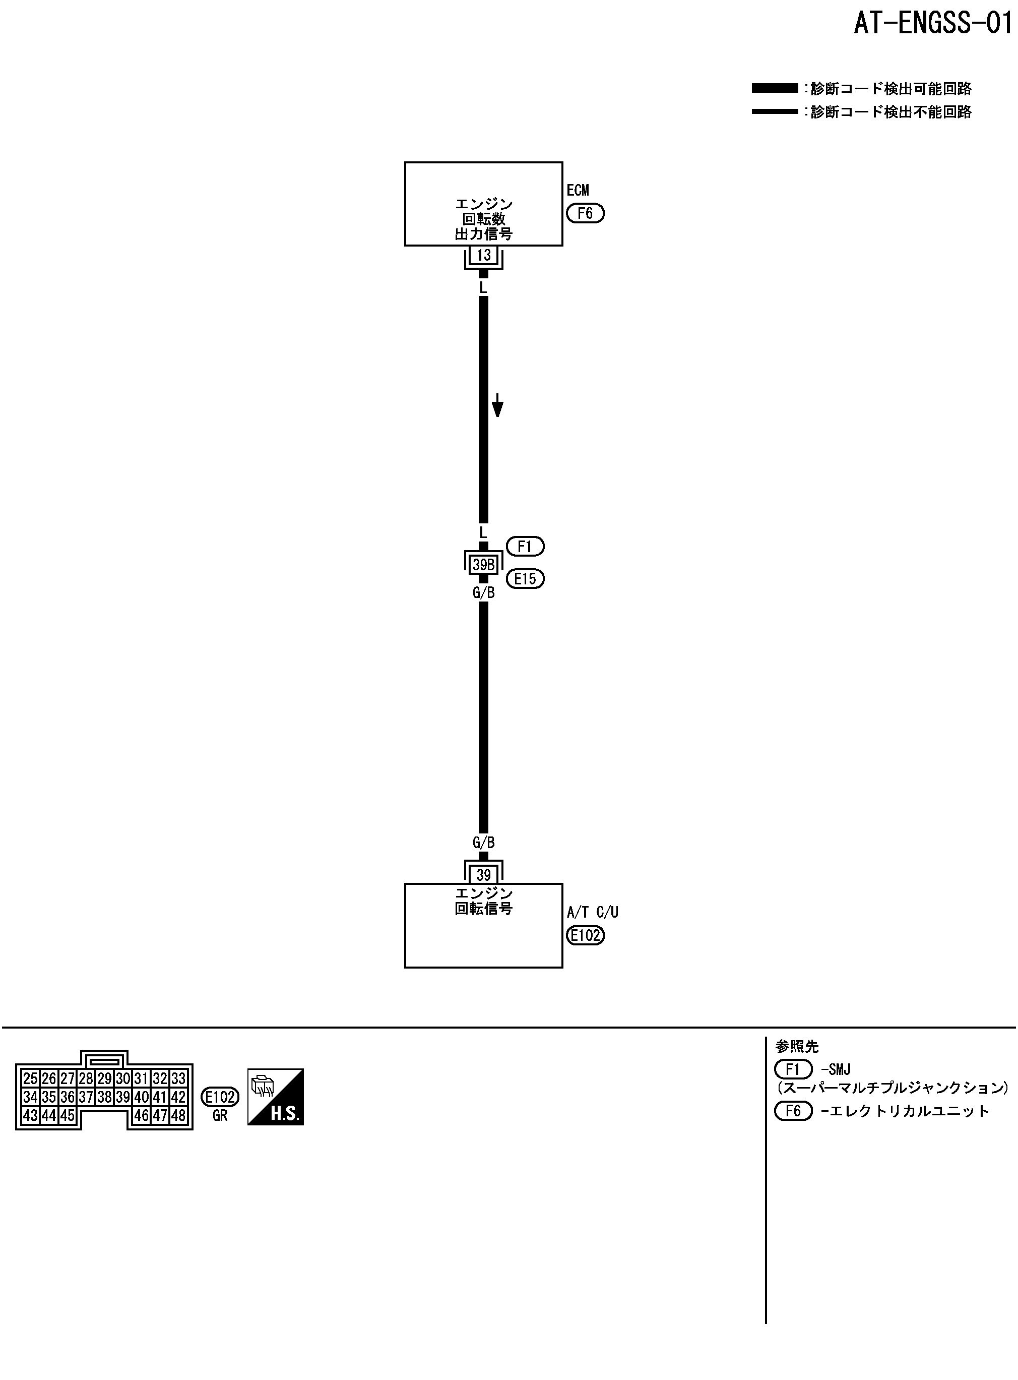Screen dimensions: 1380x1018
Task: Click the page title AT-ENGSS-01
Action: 933,24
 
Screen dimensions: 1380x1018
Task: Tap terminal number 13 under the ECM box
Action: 484,255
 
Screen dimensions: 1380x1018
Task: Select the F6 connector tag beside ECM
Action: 585,213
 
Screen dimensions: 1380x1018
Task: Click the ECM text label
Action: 578,191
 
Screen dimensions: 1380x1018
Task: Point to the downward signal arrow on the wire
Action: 497,407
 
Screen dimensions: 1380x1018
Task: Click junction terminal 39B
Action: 484,565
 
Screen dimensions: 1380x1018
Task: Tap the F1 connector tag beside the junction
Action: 525,547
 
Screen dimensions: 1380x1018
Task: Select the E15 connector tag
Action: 525,579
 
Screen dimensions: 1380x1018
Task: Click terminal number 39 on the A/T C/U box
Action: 484,875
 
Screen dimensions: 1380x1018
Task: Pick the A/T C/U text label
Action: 592,912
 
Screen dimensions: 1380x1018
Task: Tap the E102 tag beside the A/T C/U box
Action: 585,936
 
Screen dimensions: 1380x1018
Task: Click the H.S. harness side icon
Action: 276,1097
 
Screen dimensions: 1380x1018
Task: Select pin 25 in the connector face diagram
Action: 30,1078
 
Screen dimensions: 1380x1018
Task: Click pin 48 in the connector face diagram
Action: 178,1114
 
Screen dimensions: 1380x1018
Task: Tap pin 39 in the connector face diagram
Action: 122,1097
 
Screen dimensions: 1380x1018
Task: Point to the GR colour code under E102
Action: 220,1116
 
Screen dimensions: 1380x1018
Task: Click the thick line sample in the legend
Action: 775,89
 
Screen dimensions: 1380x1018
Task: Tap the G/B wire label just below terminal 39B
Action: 484,593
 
